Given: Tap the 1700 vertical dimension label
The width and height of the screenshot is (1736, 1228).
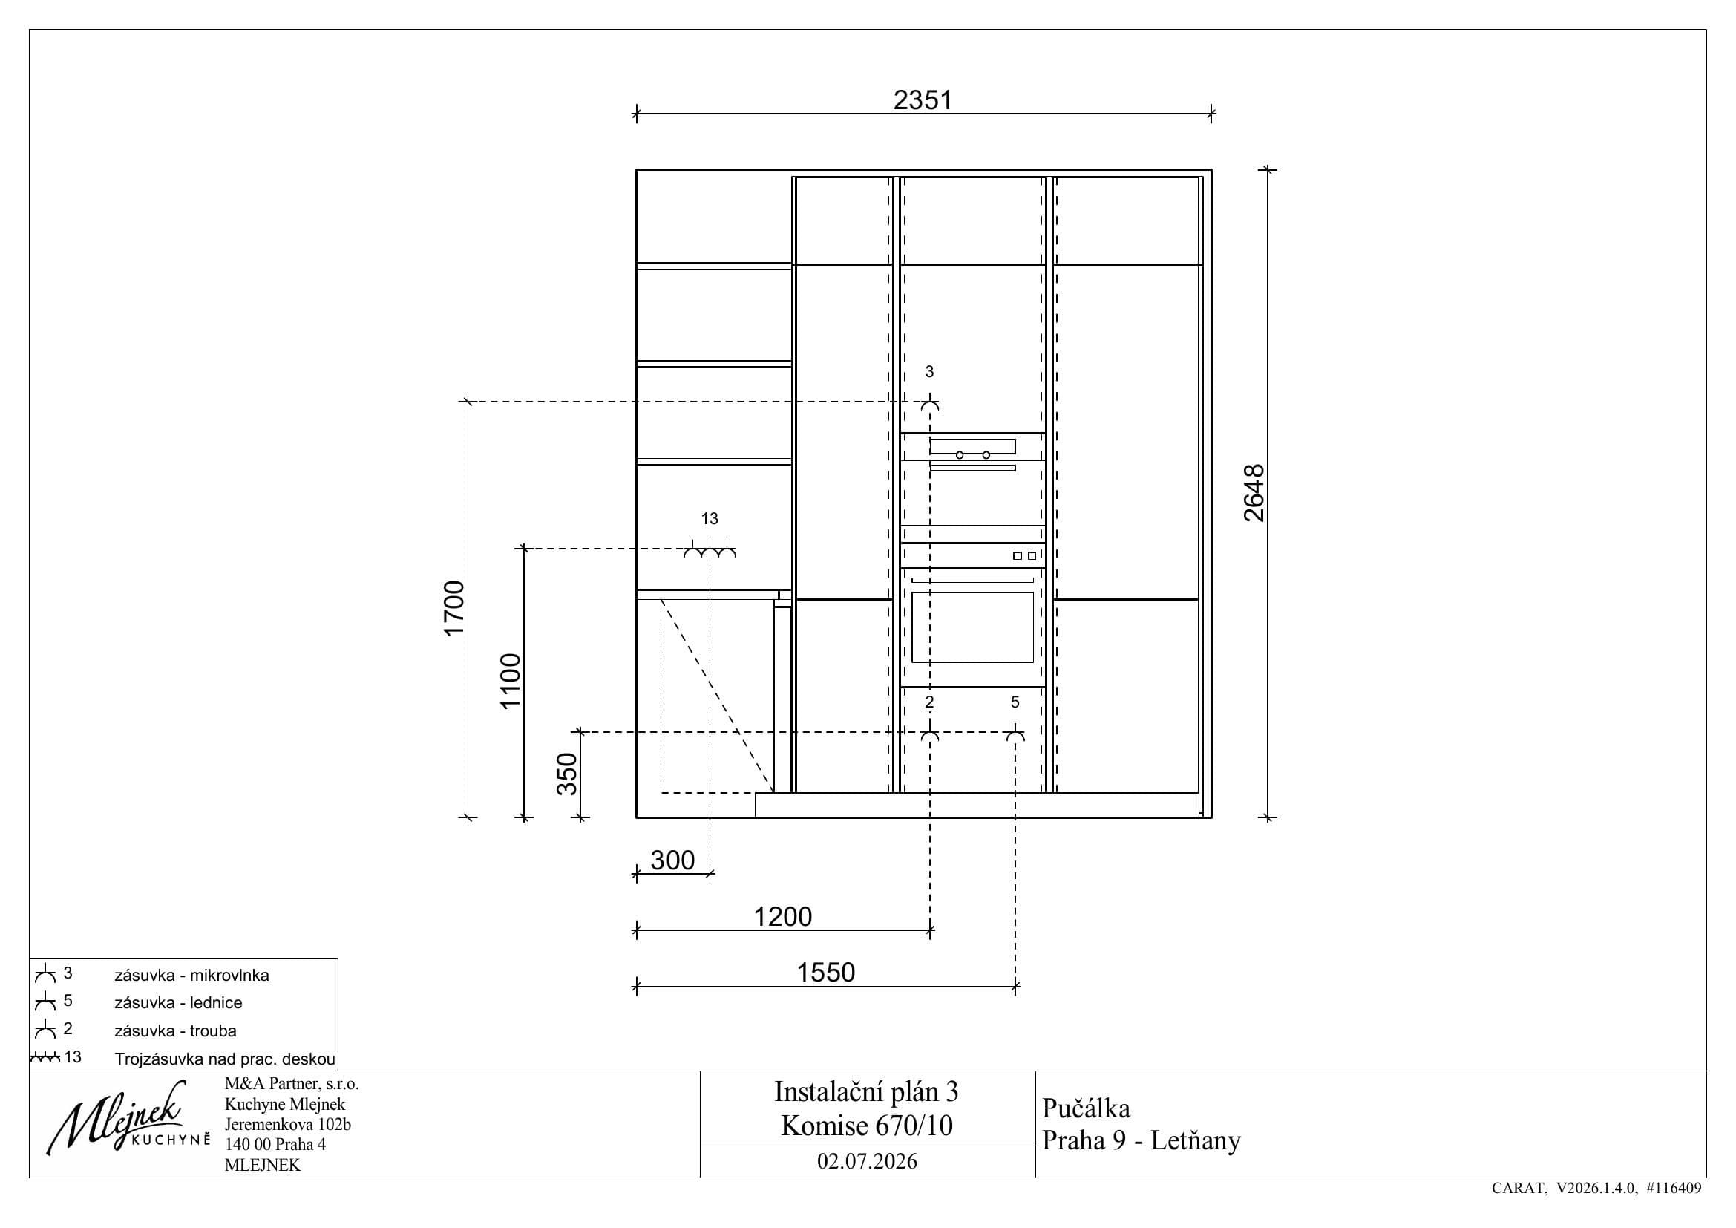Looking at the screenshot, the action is (x=453, y=609).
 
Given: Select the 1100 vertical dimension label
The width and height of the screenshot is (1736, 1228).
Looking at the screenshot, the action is (x=511, y=681).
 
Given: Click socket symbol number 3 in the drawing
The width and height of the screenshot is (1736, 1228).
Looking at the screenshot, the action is (x=930, y=405).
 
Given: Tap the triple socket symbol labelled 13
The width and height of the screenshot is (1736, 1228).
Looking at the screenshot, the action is (x=710, y=551).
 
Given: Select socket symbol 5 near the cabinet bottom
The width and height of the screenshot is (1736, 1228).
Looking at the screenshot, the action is (x=1015, y=735).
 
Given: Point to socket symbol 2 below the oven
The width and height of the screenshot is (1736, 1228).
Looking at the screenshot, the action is (x=930, y=735).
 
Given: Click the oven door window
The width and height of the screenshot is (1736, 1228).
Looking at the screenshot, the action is (x=972, y=627).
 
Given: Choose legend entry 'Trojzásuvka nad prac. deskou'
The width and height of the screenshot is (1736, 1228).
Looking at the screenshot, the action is (x=225, y=1059).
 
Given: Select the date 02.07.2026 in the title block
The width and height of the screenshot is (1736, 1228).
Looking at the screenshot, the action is (x=867, y=1161).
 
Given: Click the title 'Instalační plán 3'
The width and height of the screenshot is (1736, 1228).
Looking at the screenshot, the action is (x=866, y=1091).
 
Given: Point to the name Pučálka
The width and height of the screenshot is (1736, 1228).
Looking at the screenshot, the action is (x=1086, y=1108).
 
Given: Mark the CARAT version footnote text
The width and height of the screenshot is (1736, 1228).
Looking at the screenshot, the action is (x=1597, y=1188).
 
